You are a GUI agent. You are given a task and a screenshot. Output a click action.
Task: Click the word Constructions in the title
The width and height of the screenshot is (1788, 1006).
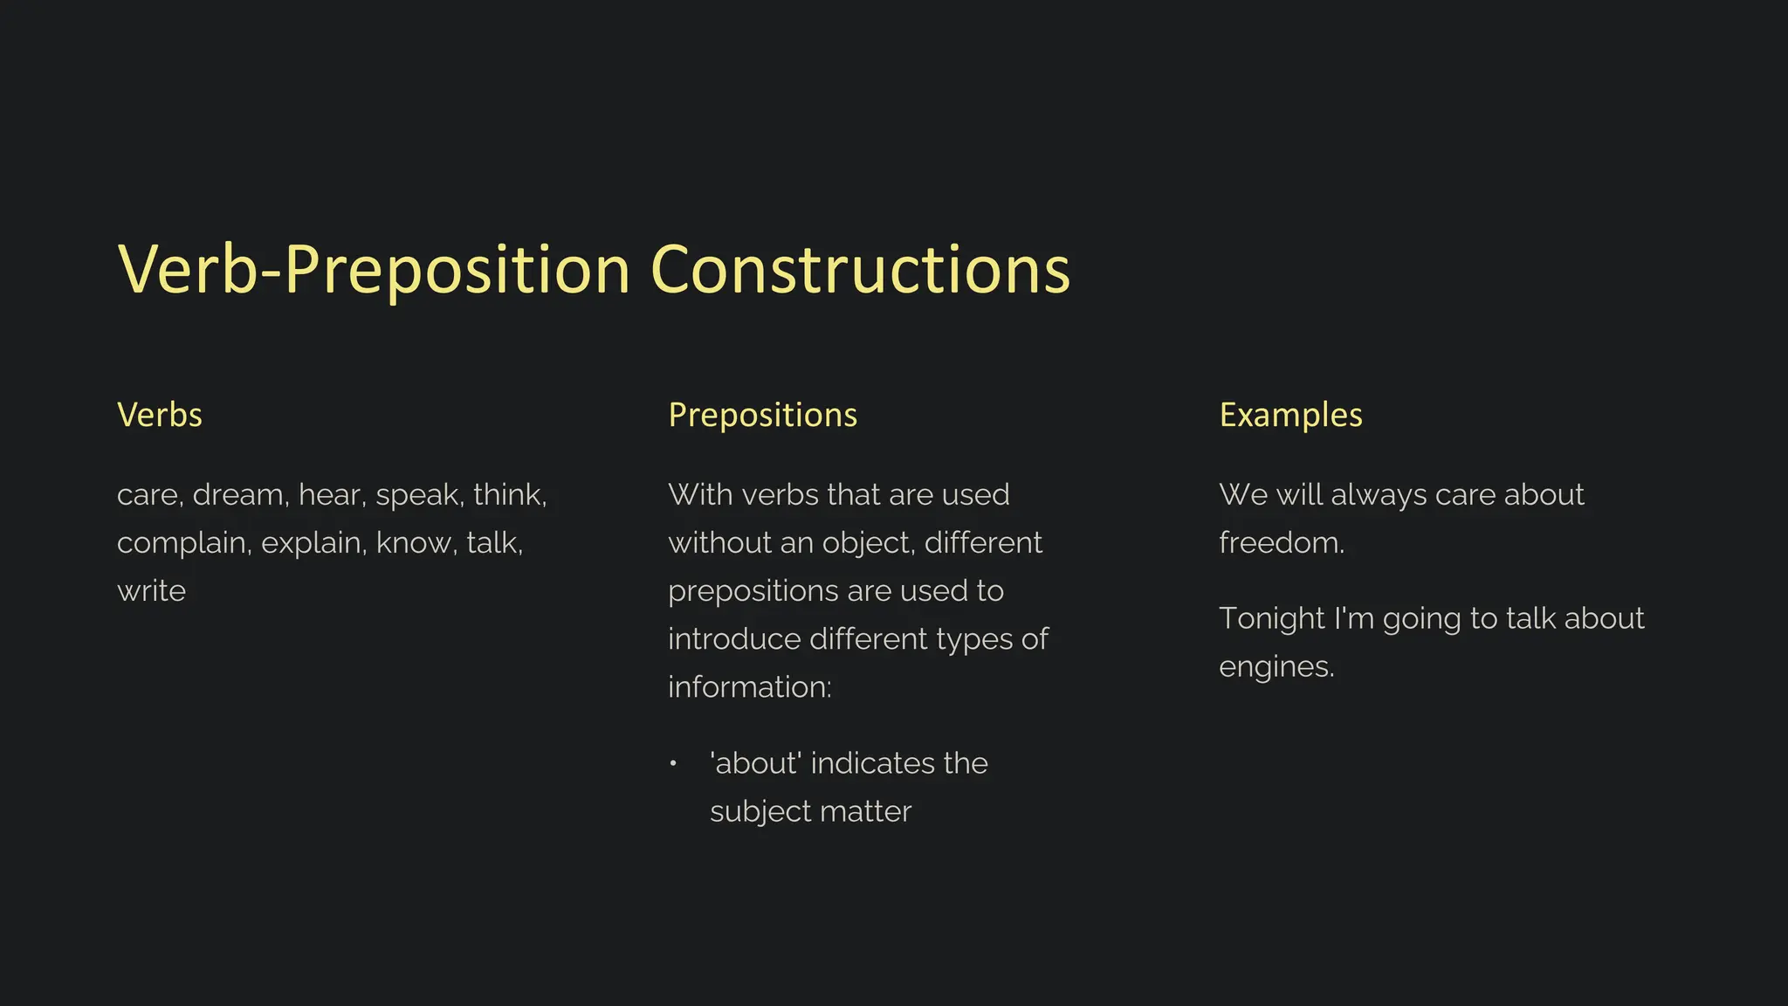[x=860, y=269]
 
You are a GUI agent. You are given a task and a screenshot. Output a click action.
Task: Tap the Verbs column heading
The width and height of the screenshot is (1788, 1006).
[x=160, y=415]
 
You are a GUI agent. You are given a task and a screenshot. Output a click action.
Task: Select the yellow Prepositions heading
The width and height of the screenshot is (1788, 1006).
[x=762, y=415]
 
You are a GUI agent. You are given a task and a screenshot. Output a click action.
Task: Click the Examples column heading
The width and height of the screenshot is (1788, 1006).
[x=1290, y=415]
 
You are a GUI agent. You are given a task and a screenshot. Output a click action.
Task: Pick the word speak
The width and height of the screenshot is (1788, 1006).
[x=419, y=496]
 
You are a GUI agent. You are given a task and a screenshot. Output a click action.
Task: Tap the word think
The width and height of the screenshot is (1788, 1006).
[x=509, y=495]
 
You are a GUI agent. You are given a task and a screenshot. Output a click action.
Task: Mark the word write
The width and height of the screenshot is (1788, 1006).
[x=151, y=591]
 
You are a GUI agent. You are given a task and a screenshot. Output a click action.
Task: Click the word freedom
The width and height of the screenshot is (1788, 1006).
[x=1281, y=543]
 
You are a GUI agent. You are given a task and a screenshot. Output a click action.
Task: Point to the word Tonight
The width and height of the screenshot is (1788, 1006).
[x=1270, y=619]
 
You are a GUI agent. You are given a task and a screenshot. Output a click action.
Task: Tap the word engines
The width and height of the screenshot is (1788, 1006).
[x=1276, y=667]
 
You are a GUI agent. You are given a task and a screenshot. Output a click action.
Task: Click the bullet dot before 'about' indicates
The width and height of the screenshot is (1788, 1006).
[x=673, y=764]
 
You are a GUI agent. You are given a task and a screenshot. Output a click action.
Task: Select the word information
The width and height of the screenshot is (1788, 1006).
[x=749, y=687]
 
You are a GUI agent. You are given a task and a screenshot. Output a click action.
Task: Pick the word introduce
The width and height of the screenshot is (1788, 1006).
[x=734, y=639]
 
